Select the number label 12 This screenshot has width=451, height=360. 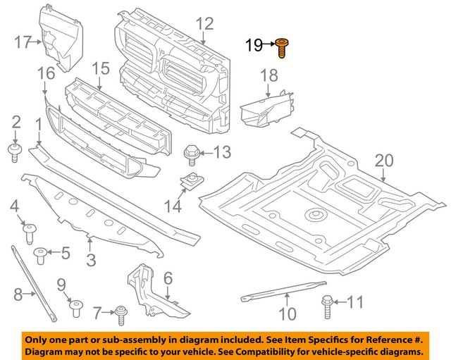[204, 24]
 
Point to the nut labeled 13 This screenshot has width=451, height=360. [191, 153]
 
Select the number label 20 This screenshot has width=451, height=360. [383, 161]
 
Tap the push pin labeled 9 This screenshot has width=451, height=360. [75, 306]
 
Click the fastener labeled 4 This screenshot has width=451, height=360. [30, 230]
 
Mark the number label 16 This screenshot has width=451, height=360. [45, 73]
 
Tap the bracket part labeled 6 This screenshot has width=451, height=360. [152, 289]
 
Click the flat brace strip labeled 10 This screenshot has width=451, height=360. [282, 292]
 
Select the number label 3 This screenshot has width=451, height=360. [91, 261]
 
